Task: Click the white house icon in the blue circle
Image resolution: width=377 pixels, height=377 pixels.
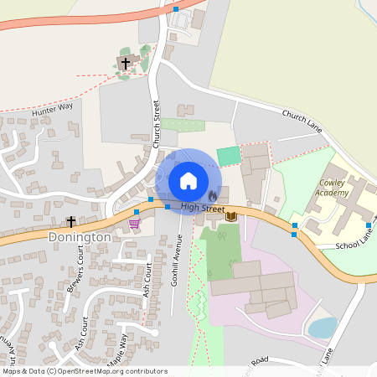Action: coord(188,181)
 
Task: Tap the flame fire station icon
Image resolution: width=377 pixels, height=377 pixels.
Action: coord(212,195)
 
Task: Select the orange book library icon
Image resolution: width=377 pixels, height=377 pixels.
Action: coord(231,217)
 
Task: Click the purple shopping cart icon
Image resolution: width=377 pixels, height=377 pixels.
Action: coord(134,223)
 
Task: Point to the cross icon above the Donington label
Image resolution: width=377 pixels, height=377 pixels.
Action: coord(71,222)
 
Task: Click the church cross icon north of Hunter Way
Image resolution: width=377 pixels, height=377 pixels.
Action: coord(127,63)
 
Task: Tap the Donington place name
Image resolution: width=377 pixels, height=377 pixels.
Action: coord(80,237)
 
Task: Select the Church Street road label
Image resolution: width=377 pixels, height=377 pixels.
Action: coord(156,121)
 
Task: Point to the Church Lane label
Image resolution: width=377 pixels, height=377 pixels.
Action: coord(302,121)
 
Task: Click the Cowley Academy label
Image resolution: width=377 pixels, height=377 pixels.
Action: coord(332,188)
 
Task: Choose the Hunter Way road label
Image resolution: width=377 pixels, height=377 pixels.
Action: coord(52,108)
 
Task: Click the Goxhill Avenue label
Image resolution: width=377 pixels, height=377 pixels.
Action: coord(177,260)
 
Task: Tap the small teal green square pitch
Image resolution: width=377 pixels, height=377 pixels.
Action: coord(227,156)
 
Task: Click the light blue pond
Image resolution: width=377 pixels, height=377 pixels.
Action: coord(322,328)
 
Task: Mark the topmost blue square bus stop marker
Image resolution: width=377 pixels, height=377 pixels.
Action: coord(176,8)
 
